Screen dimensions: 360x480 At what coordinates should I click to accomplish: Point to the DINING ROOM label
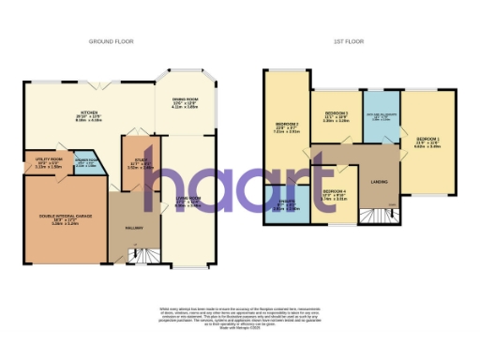[183, 101]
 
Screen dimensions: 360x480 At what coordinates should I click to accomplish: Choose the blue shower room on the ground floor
[84, 162]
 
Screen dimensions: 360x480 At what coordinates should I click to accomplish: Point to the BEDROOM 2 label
[286, 126]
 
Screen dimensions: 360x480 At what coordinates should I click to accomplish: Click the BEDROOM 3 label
[336, 117]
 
